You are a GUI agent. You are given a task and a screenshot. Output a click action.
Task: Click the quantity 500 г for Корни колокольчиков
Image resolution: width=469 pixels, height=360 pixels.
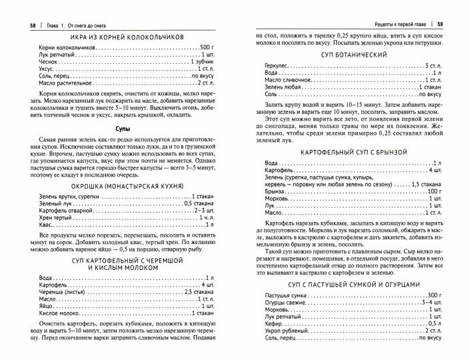pyautogui.click(x=205, y=49)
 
